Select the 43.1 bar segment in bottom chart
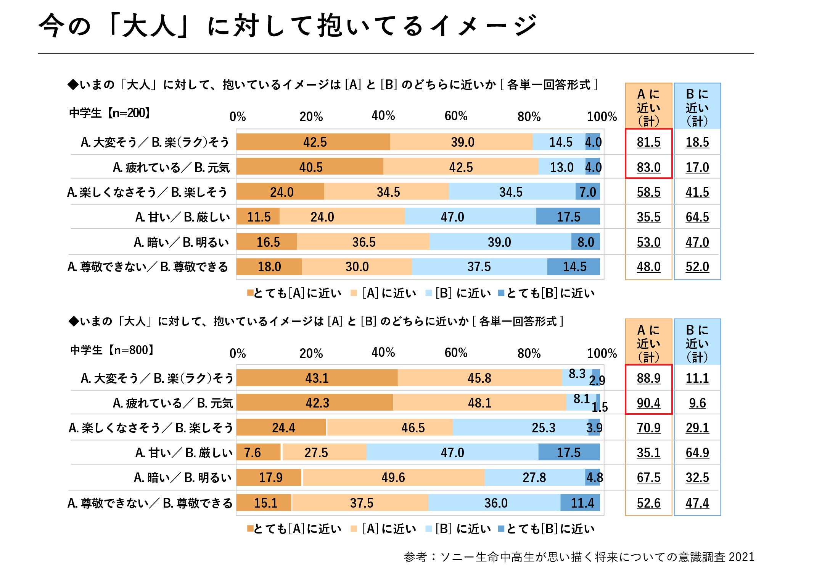(317, 378)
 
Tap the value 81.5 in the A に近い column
(648, 142)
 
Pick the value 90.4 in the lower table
(648, 403)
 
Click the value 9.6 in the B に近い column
(697, 403)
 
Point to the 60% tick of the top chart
(456, 116)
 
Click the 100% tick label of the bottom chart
(602, 353)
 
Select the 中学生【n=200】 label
(110, 113)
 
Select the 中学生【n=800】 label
(112, 350)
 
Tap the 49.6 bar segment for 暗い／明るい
(393, 477)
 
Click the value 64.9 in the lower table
(697, 453)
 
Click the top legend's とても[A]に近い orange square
(250, 293)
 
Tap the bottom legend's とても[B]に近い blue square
(501, 529)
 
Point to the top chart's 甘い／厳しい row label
(182, 217)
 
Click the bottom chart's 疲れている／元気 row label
(172, 403)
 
